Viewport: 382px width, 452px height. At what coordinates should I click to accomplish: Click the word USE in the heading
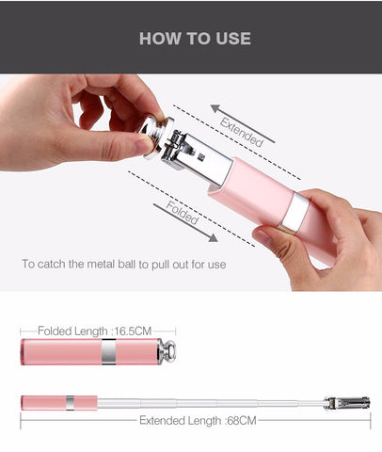tap(233, 39)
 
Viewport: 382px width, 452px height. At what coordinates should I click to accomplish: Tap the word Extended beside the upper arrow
tap(241, 132)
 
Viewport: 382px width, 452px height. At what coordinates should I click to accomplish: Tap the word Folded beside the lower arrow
tap(183, 213)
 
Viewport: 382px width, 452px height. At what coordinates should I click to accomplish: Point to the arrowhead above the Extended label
tap(215, 108)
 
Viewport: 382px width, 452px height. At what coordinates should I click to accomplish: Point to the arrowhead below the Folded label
tap(214, 238)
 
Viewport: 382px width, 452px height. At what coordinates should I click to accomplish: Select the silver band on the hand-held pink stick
tap(295, 210)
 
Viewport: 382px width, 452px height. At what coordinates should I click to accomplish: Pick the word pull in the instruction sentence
tap(160, 265)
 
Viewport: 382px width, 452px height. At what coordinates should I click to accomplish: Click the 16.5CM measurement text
tap(133, 331)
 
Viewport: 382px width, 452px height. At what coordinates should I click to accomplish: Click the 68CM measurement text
tap(242, 421)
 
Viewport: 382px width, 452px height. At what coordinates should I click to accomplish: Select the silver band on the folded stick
tap(108, 351)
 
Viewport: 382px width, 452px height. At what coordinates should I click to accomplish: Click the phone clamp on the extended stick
tap(347, 403)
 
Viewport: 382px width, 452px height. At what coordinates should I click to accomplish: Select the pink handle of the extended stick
tap(59, 403)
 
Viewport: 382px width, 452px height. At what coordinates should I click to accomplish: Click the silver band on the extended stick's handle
tap(70, 403)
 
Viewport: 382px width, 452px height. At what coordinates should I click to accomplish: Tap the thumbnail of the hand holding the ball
tap(144, 146)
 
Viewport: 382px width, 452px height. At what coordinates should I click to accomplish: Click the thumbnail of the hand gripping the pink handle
tap(263, 237)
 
